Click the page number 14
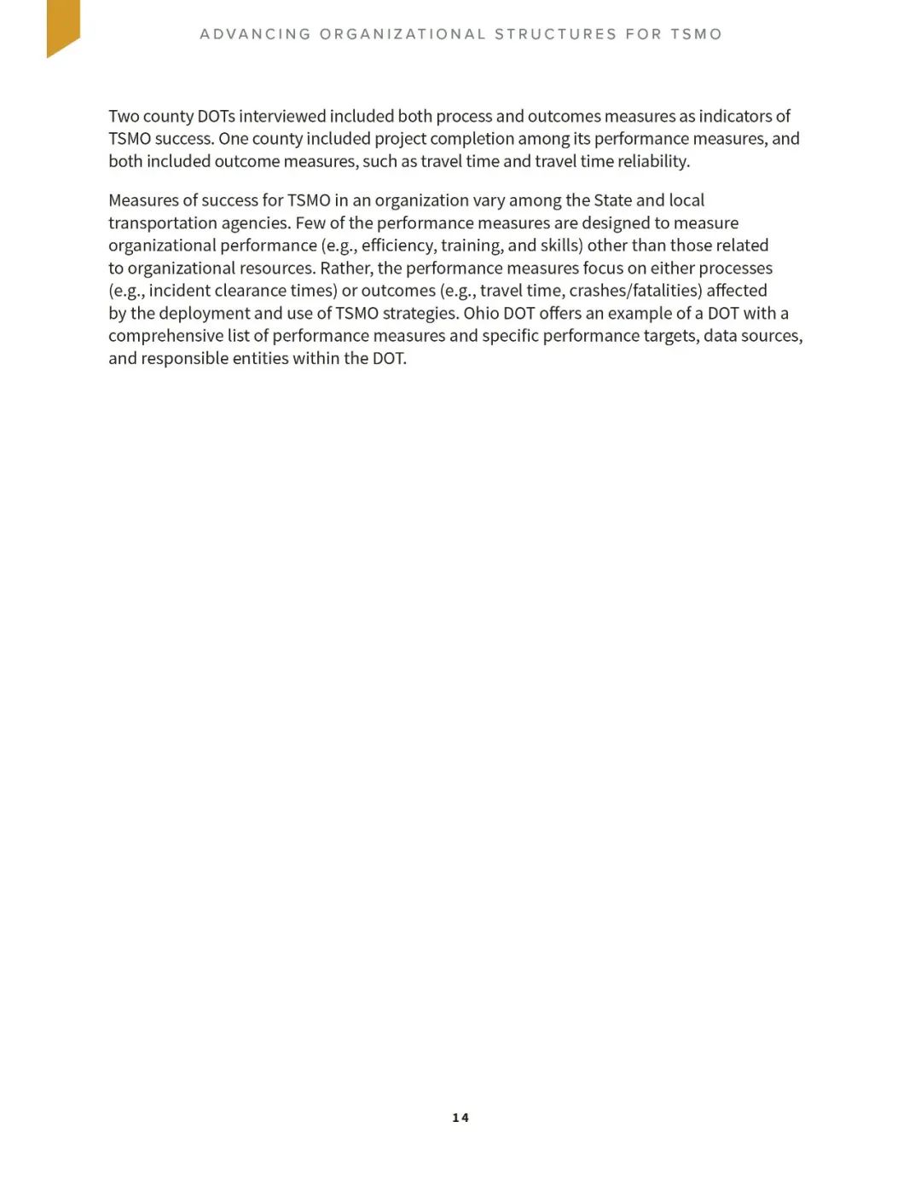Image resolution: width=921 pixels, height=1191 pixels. tap(460, 1118)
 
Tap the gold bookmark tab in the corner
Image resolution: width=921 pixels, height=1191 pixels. tap(62, 26)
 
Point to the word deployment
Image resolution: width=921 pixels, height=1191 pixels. tap(204, 314)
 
